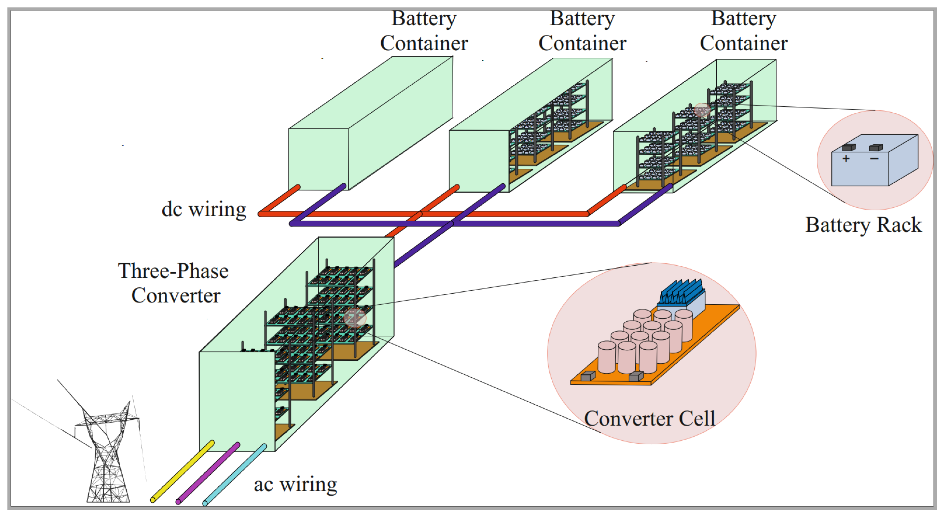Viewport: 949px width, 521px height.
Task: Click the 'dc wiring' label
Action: click(204, 210)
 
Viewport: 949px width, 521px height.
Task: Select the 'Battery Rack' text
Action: click(863, 225)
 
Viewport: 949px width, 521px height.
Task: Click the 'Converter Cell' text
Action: click(649, 419)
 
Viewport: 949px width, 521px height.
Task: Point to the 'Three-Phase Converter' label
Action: click(174, 283)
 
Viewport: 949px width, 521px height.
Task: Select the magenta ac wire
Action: click(208, 474)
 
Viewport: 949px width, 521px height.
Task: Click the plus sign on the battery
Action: click(846, 159)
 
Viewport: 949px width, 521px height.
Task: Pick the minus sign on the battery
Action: click(874, 159)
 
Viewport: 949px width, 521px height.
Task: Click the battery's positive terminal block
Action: click(849, 147)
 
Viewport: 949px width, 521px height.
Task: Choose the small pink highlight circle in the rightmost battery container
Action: click(701, 110)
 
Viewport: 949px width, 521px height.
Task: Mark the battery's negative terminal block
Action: click(876, 148)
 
